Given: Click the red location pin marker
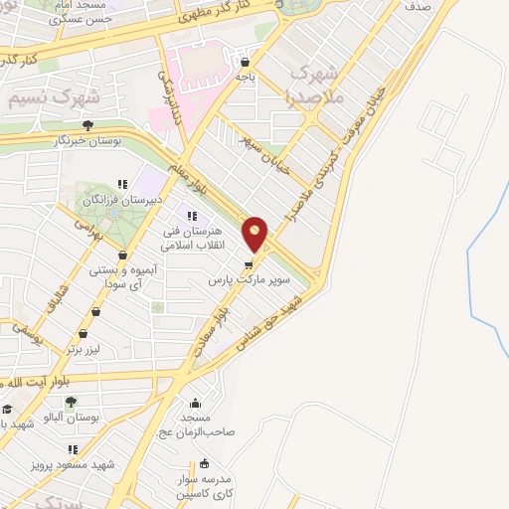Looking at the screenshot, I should pyautogui.click(x=256, y=235).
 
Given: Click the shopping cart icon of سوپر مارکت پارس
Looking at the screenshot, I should pyautogui.click(x=249, y=265).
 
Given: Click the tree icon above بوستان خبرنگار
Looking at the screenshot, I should pyautogui.click(x=88, y=125).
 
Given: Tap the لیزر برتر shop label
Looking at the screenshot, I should pyautogui.click(x=87, y=350).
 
